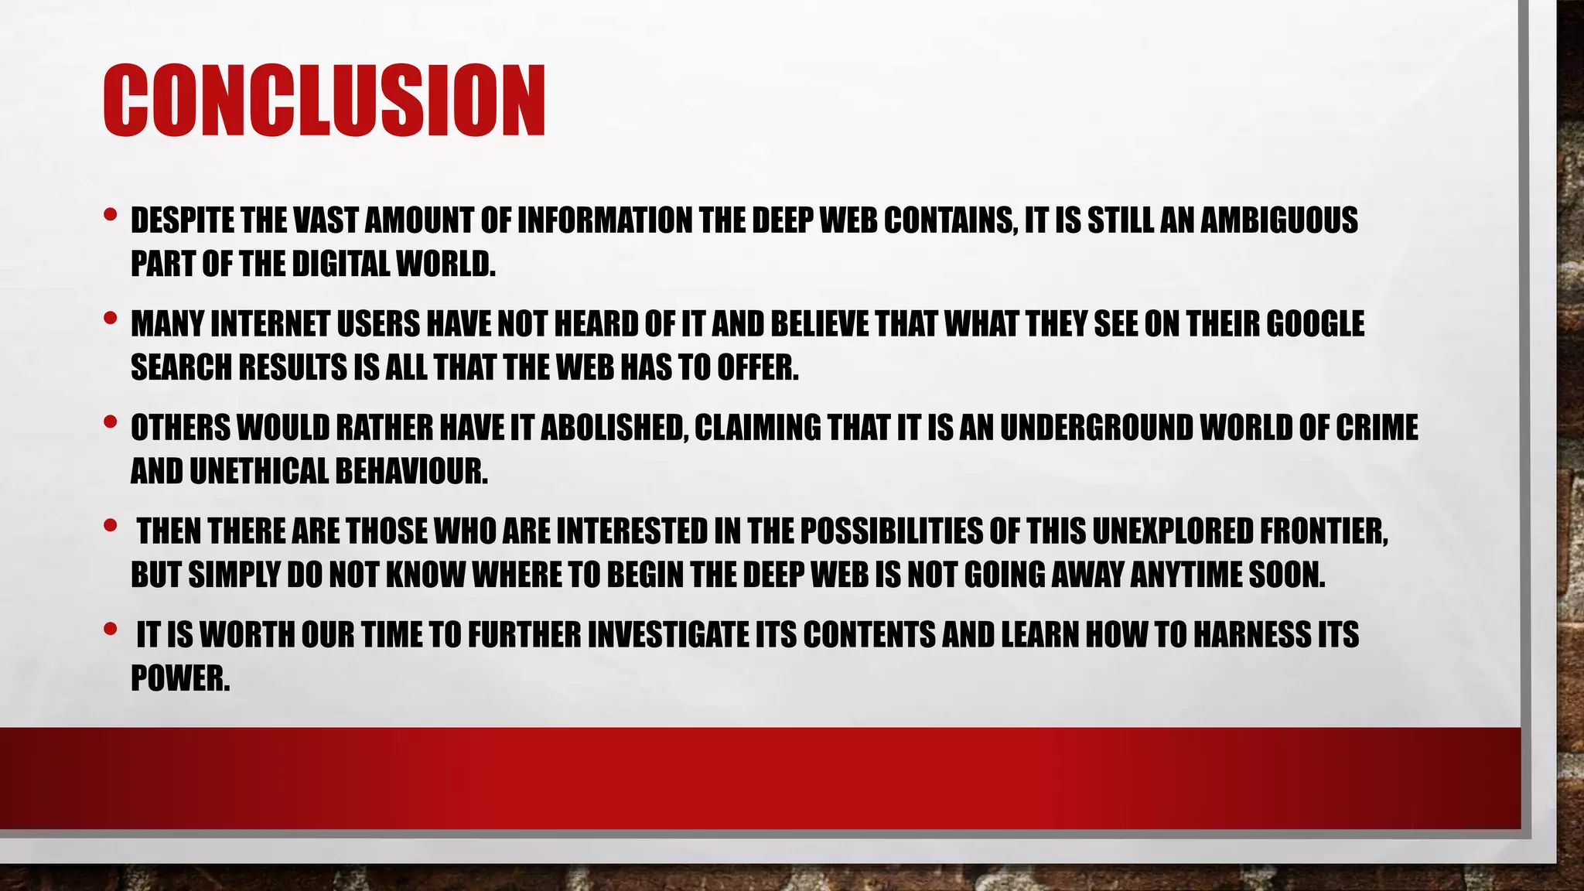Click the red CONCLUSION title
click(324, 101)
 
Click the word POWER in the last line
click(180, 679)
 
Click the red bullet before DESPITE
click(110, 213)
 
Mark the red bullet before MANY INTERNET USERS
click(110, 317)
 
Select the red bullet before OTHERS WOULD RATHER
click(110, 421)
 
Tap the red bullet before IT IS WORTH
click(110, 628)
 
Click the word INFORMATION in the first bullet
click(604, 221)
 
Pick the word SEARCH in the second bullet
click(181, 368)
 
